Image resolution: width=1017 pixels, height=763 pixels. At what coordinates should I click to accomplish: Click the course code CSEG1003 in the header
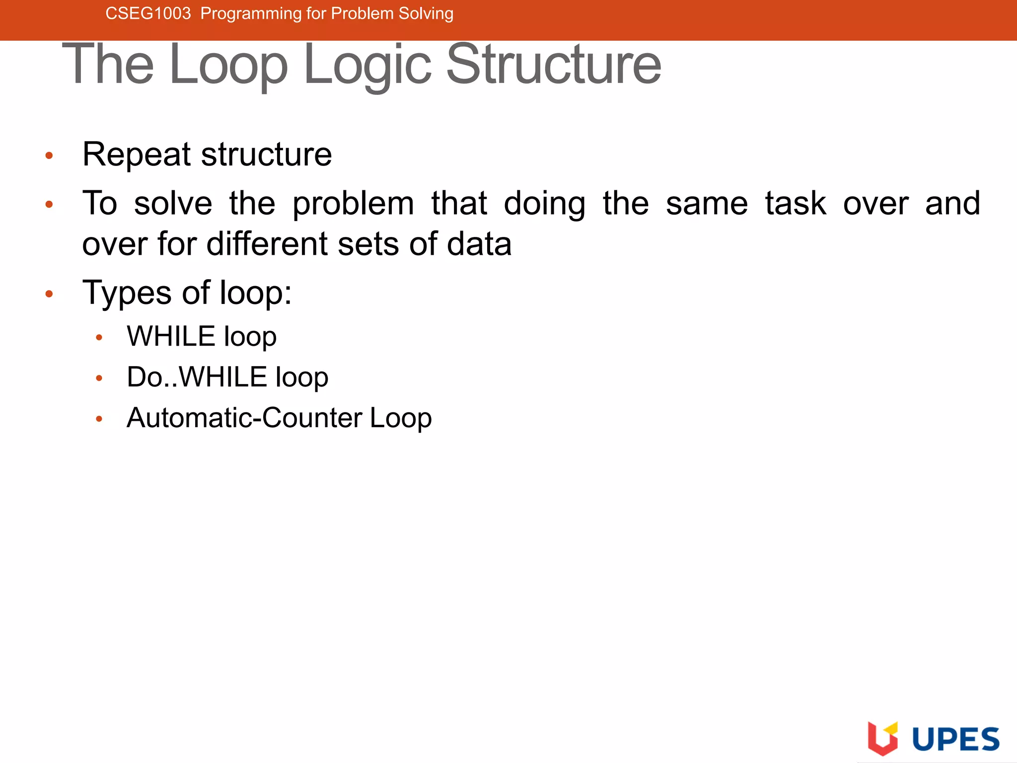pos(148,13)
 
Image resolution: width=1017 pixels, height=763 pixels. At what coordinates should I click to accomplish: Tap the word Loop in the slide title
pos(228,65)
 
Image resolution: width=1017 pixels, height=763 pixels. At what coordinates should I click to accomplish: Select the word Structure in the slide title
pos(554,65)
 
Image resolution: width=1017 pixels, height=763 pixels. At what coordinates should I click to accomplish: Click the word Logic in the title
pos(367,65)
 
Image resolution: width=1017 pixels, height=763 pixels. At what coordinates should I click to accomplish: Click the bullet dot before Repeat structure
pos(49,155)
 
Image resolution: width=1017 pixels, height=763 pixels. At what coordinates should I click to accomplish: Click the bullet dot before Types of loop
pos(49,294)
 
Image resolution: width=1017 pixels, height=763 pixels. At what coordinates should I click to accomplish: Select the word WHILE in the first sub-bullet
pos(171,336)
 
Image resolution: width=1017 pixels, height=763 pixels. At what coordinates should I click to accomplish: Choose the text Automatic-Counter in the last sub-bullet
pos(244,417)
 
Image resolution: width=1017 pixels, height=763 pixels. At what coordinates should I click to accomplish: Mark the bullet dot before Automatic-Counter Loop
pos(99,419)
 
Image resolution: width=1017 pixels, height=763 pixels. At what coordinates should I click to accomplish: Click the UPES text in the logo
pos(955,739)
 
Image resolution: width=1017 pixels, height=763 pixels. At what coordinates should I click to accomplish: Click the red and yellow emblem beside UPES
pos(882,738)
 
